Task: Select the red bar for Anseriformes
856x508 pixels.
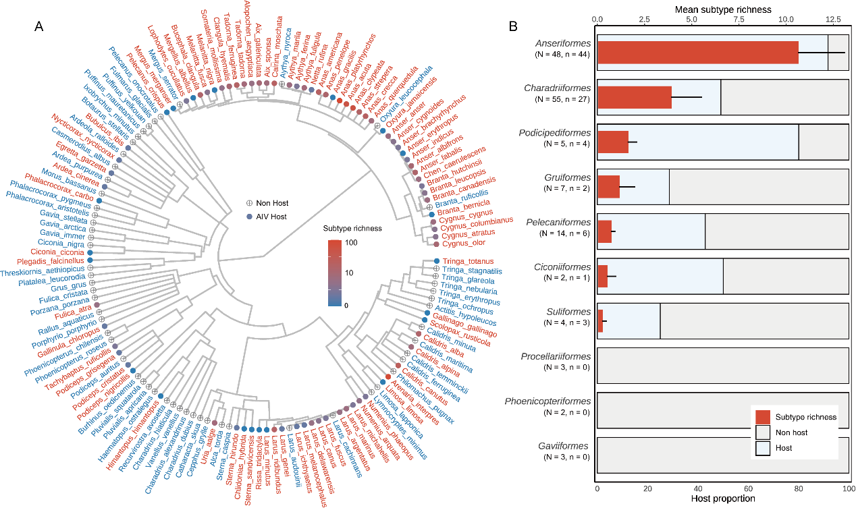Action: pos(697,52)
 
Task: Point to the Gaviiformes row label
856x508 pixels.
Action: pos(558,446)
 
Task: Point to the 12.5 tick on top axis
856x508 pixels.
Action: pos(827,20)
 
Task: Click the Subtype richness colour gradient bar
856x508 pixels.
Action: pos(337,274)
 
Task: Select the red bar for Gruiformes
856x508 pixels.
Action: pos(608,186)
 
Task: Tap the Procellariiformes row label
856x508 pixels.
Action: pos(558,356)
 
